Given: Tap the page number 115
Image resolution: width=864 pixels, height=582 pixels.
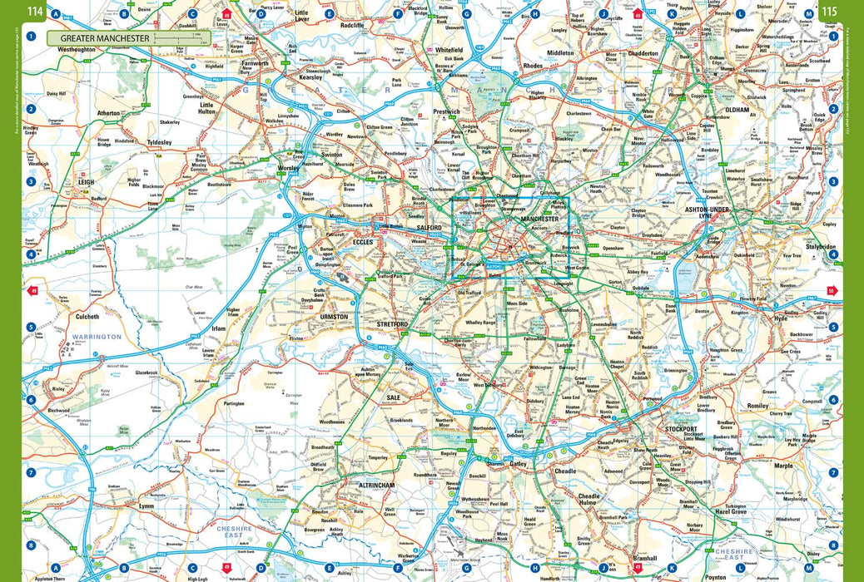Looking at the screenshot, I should point(830,11).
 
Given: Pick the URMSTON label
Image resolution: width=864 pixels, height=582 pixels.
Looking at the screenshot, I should point(334,317).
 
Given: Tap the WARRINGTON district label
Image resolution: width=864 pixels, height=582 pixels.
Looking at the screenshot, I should point(97,337).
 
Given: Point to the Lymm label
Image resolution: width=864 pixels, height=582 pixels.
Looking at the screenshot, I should point(146,506).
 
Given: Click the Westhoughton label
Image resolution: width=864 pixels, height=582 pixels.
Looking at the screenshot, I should point(76,50).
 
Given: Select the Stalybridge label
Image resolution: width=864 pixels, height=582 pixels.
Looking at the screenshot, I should point(820,247).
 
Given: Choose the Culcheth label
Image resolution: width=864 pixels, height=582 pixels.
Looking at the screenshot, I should point(87,317).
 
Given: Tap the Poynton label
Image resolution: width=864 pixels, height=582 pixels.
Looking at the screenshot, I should point(715,575).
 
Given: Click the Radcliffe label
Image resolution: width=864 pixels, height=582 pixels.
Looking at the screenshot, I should point(352,26).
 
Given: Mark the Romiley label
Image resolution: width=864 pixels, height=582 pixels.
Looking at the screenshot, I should point(758,406).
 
